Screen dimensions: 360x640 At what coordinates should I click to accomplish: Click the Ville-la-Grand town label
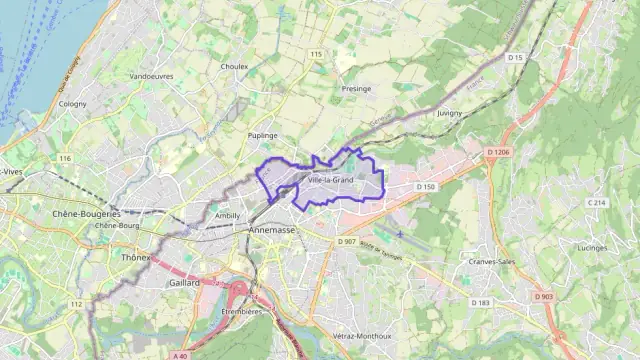tap(330, 180)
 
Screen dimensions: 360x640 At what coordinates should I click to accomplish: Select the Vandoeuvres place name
tap(151, 76)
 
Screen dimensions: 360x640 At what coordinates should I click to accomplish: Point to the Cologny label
tap(73, 103)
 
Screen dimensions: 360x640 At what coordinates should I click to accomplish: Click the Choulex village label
tap(233, 67)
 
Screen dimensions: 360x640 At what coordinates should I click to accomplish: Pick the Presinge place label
tap(357, 88)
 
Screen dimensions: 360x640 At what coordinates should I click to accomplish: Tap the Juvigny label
tap(449, 113)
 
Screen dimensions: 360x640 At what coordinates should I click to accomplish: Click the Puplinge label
tap(262, 134)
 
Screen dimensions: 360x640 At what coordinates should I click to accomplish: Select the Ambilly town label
tap(228, 215)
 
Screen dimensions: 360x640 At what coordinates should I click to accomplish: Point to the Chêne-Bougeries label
tap(86, 213)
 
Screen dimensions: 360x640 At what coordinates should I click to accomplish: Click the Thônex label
tap(134, 257)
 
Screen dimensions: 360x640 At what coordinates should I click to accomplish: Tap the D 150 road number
tap(425, 187)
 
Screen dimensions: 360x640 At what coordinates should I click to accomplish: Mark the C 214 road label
tap(596, 203)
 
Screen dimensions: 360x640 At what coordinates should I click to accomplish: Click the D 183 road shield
tap(481, 302)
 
